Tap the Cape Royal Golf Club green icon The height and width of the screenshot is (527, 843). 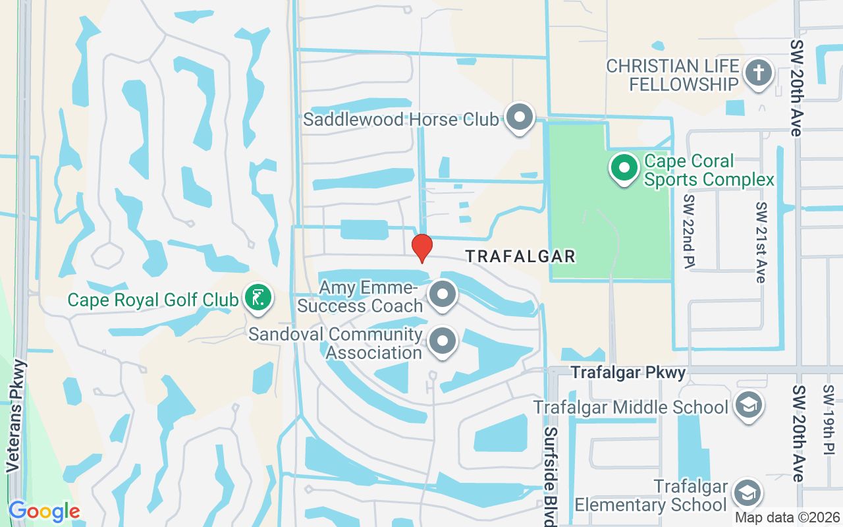point(258,298)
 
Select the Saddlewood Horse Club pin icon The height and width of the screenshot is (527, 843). point(520,117)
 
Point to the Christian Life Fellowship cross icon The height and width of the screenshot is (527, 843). point(758,74)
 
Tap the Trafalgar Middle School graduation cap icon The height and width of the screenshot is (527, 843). point(748,405)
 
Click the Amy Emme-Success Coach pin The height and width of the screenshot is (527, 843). point(443,294)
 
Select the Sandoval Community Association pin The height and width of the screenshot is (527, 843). point(443,342)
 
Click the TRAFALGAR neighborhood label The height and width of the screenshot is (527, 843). point(521,256)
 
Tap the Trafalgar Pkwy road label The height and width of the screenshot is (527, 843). point(628,373)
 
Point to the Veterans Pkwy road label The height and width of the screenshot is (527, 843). point(18,416)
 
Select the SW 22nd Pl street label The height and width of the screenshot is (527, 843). point(689,232)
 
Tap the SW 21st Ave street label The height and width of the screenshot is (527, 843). point(761,242)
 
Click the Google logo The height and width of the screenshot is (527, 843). point(43,511)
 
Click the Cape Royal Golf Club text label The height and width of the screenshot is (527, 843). point(153,300)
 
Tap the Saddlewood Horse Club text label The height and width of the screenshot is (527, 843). point(400,120)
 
